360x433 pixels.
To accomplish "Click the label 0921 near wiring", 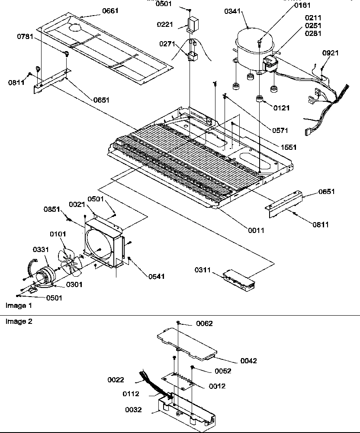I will (331, 53).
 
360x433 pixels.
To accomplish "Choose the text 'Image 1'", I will (19, 306).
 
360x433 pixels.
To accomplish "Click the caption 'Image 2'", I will (19, 321).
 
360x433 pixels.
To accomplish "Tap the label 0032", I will (133, 410).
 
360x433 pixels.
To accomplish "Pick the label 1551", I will (287, 147).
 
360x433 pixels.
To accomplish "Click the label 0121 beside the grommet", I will (281, 107).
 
